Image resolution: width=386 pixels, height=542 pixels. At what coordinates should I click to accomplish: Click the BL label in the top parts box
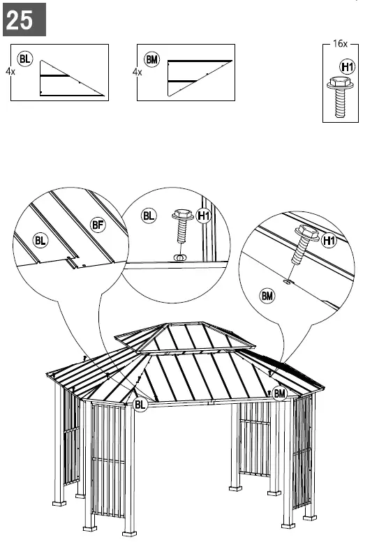25,59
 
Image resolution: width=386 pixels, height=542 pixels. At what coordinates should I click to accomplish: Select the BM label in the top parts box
151,59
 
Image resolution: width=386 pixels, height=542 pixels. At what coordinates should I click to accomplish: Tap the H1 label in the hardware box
346,66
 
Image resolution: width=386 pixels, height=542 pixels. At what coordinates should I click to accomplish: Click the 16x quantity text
340,43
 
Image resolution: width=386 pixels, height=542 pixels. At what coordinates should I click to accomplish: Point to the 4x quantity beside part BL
10,71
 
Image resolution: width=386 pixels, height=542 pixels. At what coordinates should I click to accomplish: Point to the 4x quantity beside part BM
137,71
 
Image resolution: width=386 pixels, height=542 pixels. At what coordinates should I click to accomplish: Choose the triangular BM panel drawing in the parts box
195,77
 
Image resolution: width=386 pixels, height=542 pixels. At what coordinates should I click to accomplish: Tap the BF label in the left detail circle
98,224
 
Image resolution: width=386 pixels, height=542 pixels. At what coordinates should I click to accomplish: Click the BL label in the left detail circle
43,241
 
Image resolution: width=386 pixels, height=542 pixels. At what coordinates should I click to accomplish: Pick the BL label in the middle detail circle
149,216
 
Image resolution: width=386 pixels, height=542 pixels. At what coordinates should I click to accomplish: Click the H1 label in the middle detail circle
203,216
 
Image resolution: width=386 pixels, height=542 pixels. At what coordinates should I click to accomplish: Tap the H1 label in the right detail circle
330,241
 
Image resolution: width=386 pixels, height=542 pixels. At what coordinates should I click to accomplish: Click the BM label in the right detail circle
267,296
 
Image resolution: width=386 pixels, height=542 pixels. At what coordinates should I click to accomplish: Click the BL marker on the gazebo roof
140,404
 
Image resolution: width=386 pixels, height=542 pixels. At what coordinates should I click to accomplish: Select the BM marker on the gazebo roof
280,394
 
